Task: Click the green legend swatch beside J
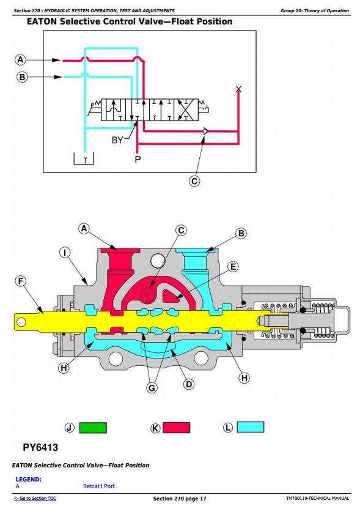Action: pos(93,428)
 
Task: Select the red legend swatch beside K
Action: pos(176,428)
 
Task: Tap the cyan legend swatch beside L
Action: pos(251,427)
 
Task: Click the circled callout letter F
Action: pos(21,281)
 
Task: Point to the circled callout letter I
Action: pos(65,252)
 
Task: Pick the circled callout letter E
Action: pos(232,267)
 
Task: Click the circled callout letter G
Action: pos(152,388)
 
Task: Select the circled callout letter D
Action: pos(189,385)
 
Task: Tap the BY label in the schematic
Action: pos(117,140)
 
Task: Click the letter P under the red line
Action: pos(138,160)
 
